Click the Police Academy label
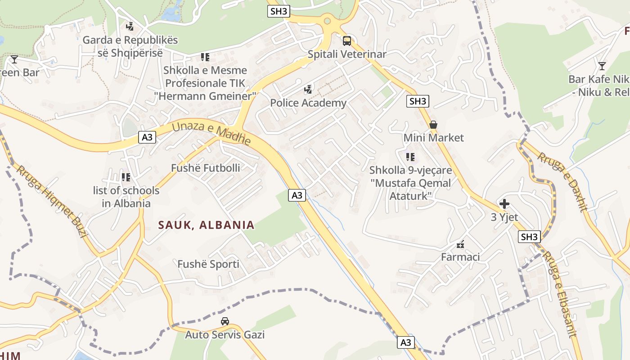coord(308,103)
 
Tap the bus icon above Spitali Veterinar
coord(347,41)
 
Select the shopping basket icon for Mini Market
coord(433,124)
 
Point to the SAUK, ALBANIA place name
coord(206,225)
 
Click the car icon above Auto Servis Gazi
coord(225,321)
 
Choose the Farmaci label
coord(460,257)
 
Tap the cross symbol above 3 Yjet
coord(504,204)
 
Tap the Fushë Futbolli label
coord(205,168)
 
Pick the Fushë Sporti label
coord(208,264)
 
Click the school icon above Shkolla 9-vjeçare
coord(410,157)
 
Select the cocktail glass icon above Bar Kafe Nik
coord(602,66)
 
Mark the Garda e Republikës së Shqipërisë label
coord(130,46)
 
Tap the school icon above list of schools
coord(126,177)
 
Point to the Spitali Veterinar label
coord(347,54)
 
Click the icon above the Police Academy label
coord(308,89)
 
